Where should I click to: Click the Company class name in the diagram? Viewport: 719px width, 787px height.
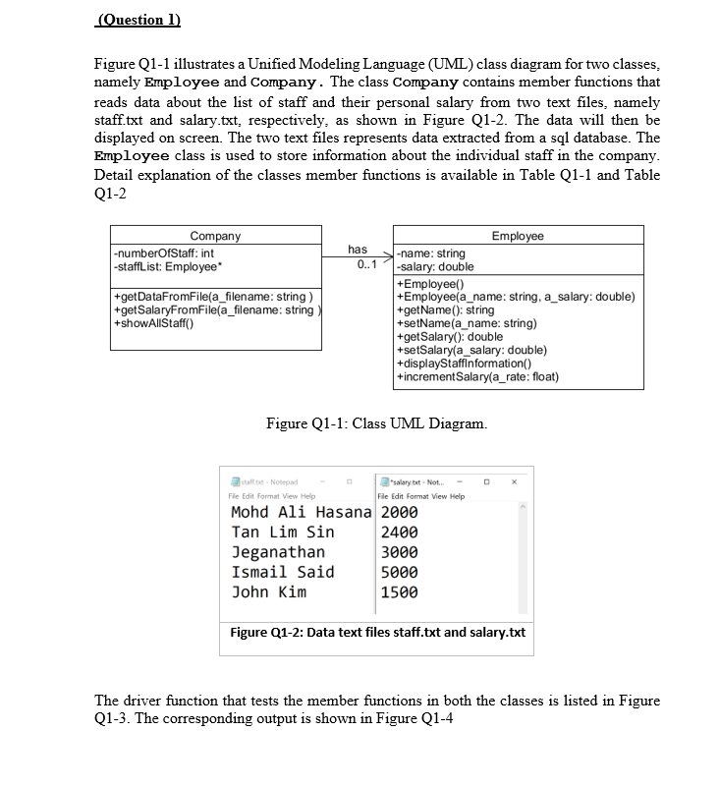click(215, 236)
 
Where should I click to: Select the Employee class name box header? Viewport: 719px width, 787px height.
click(517, 236)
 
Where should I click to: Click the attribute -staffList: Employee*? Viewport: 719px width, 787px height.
click(167, 266)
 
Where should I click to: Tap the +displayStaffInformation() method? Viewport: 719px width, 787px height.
click(464, 363)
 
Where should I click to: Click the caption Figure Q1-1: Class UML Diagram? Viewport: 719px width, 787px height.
click(376, 424)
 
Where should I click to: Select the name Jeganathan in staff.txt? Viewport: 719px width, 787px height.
click(278, 552)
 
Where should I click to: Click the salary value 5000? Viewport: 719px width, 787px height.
click(399, 572)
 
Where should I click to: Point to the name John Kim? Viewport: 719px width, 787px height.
click(268, 591)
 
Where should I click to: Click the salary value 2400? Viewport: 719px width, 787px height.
click(399, 533)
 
